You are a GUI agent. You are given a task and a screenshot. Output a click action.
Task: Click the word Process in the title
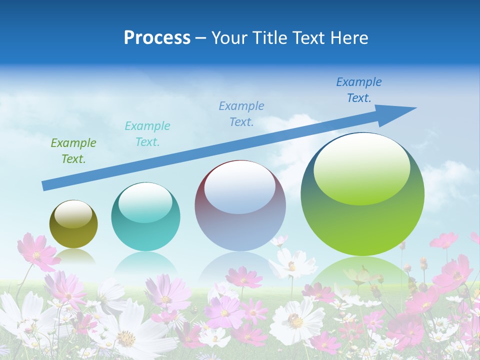pos(157,38)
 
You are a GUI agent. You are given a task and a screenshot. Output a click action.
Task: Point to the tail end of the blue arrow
pos(45,186)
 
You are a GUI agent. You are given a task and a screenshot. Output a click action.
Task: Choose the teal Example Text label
pos(147,134)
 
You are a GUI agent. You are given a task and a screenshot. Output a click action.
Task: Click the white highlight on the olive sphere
pos(73,214)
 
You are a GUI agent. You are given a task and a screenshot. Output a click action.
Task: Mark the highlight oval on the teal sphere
pos(145,203)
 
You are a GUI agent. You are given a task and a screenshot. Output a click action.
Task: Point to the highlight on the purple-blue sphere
pos(239,187)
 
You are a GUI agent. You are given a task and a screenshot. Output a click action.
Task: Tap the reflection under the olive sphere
pos(73,256)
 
